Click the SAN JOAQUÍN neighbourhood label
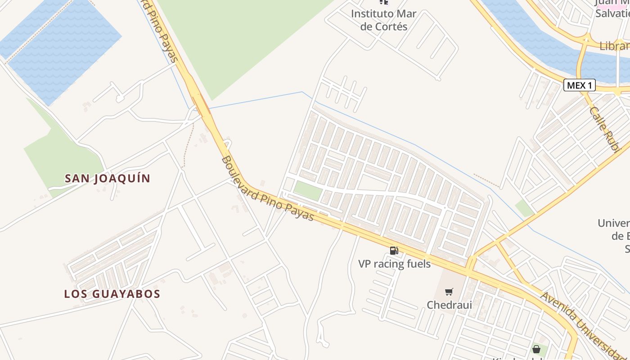pos(108,179)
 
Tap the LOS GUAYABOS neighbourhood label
pos(112,294)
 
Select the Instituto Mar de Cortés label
pos(383,20)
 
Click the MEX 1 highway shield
pos(579,85)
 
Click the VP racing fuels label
pos(394,264)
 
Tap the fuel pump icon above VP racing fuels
pos(394,251)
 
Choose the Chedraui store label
pos(449,305)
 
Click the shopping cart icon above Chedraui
pos(449,292)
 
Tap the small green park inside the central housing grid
pos(308,191)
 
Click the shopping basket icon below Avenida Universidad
pos(536,349)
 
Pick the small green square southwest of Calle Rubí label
pos(524,208)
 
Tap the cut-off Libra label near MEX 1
pos(614,46)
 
